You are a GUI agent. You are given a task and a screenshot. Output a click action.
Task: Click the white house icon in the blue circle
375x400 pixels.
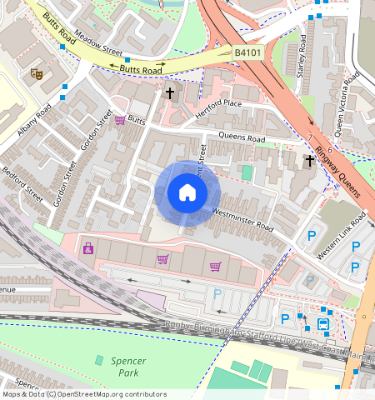click(187, 193)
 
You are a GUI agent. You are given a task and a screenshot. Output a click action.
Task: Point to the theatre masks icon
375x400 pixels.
click(37, 73)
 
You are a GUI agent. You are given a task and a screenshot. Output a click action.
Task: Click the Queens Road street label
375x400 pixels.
click(242, 138)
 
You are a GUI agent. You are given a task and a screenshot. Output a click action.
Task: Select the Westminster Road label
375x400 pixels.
click(242, 220)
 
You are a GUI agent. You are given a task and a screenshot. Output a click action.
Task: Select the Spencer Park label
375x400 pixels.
click(128, 366)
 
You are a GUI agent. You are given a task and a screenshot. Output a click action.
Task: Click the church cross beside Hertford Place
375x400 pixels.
click(170, 92)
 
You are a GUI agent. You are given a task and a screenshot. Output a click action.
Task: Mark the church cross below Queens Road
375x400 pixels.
click(309, 160)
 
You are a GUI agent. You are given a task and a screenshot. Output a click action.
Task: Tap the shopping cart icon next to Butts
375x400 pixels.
click(120, 120)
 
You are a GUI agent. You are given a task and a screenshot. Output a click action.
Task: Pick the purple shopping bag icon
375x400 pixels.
click(87, 248)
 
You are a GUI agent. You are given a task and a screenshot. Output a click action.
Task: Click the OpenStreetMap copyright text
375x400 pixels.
click(84, 394)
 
